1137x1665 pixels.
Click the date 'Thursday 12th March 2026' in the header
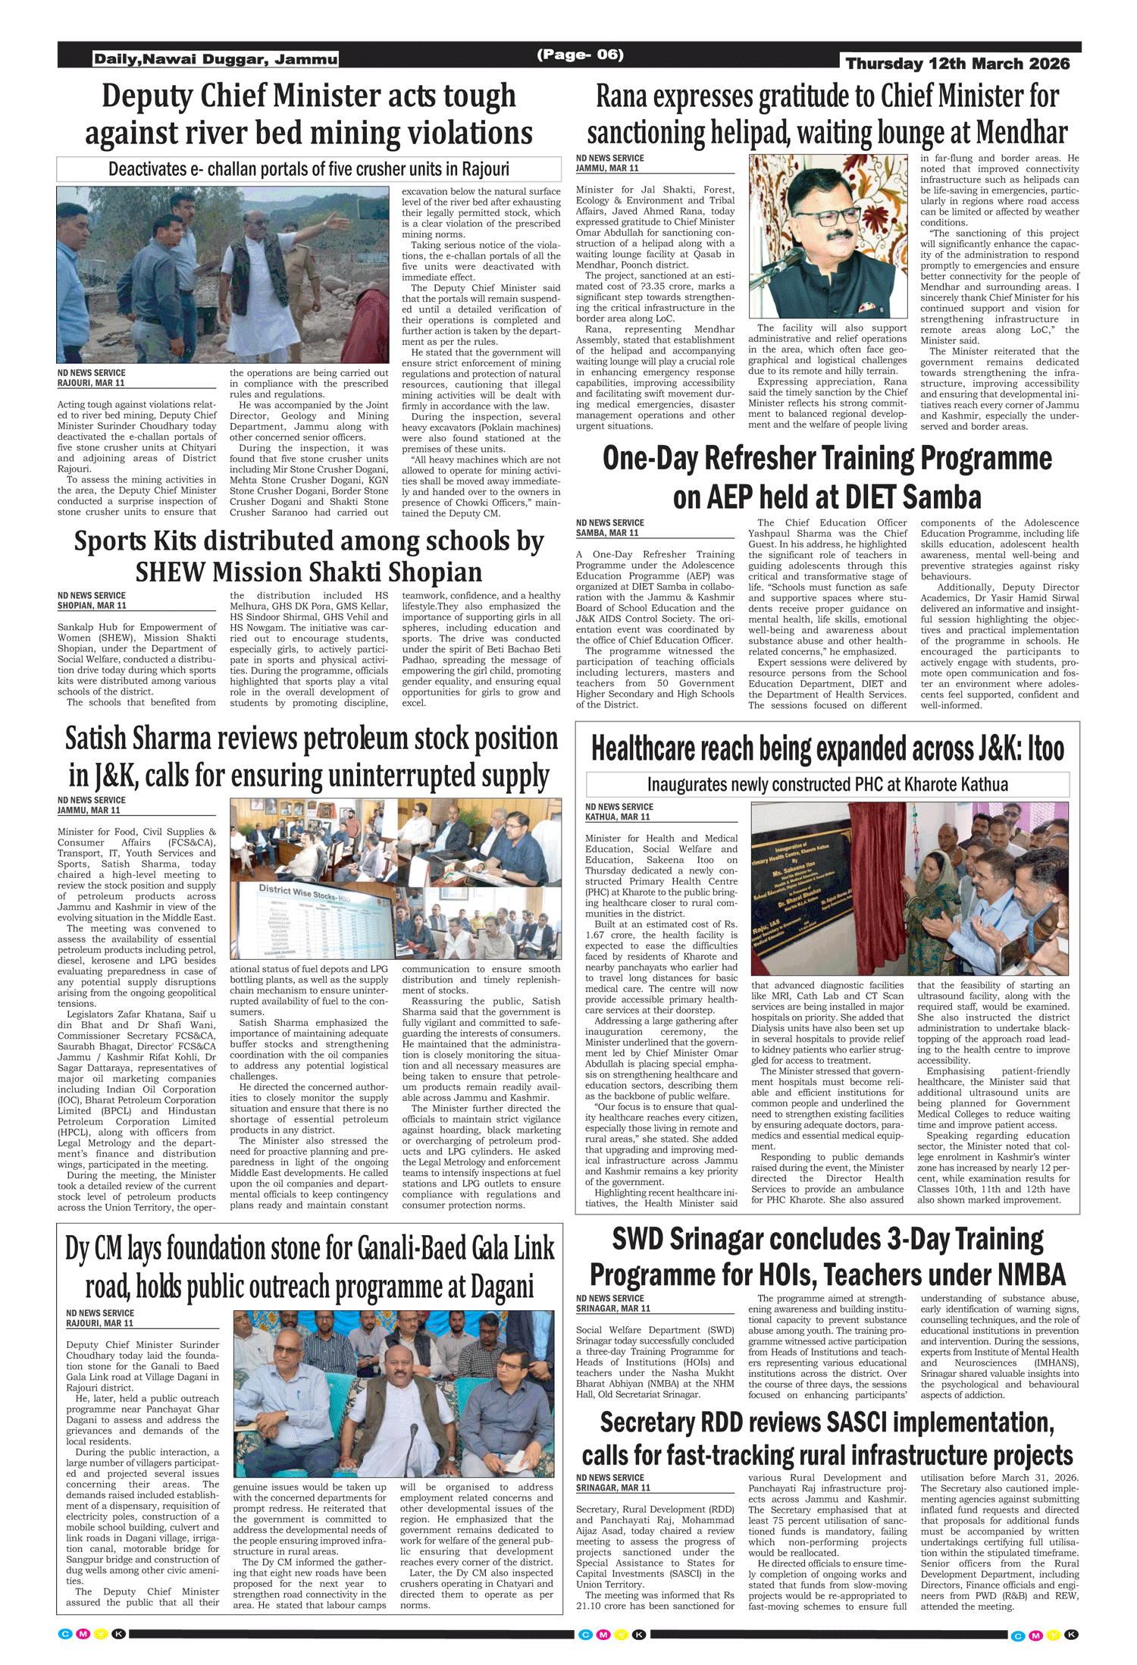(x=957, y=64)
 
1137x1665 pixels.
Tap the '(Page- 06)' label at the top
(x=580, y=55)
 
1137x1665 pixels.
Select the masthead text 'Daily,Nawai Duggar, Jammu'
(x=215, y=59)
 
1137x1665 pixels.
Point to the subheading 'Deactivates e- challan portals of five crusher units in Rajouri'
(x=309, y=168)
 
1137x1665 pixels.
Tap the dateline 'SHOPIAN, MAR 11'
(x=92, y=606)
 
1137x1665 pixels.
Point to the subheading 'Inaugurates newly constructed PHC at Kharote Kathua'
(x=827, y=784)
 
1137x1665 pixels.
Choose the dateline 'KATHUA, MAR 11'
(x=618, y=817)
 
